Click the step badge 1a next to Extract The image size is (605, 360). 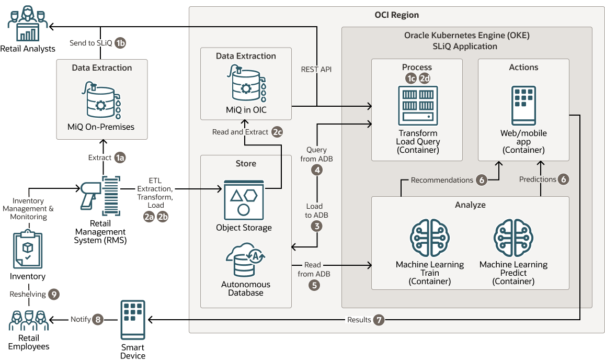tap(120, 157)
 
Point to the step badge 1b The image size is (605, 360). tap(120, 43)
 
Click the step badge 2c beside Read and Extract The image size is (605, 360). tap(277, 132)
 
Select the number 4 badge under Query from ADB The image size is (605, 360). tap(316, 170)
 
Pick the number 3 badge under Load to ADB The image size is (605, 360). tap(316, 226)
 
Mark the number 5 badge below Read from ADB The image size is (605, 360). tap(314, 285)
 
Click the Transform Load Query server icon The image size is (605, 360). tap(417, 106)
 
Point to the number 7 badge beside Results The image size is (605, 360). tap(379, 320)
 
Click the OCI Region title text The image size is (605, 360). tap(396, 15)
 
